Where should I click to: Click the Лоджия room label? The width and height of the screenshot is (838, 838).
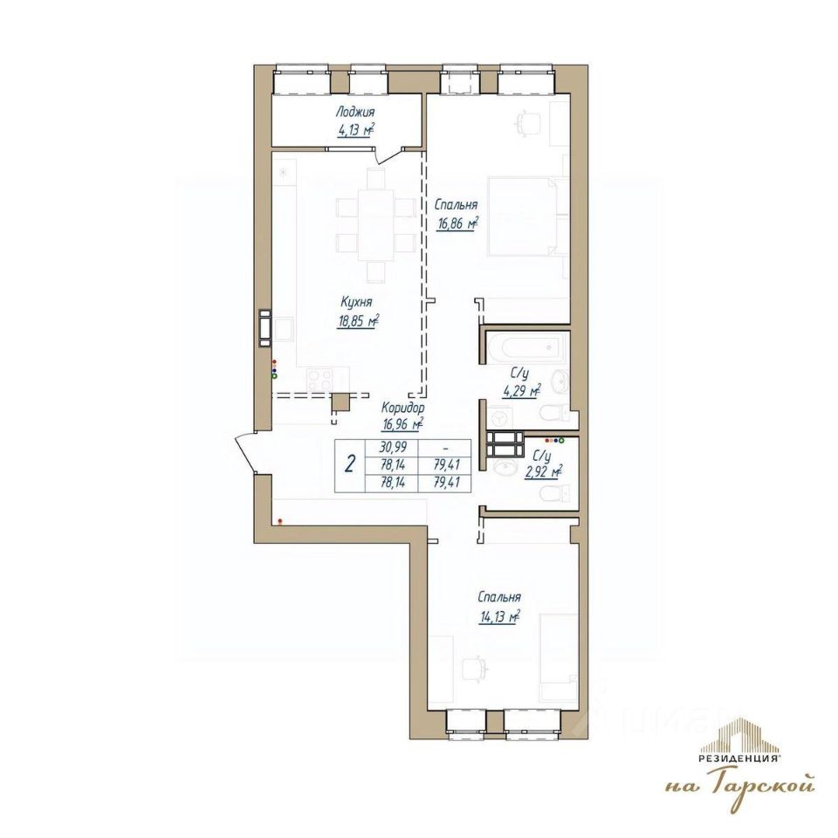355,113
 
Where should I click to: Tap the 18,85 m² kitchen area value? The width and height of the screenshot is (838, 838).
358,322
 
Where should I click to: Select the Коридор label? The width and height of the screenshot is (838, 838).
403,408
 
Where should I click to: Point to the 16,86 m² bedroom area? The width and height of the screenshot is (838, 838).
457,224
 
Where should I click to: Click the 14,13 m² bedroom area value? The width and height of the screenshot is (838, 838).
500,617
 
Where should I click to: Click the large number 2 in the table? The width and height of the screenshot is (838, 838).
350,464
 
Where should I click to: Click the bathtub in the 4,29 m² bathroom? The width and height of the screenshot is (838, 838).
524,348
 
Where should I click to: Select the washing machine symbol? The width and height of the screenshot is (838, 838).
499,417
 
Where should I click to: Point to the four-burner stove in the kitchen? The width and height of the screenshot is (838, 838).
319,381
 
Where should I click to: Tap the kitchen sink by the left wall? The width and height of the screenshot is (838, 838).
283,330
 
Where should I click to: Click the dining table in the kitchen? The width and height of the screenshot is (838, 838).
376,223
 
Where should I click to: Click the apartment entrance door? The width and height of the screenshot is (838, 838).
246,454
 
